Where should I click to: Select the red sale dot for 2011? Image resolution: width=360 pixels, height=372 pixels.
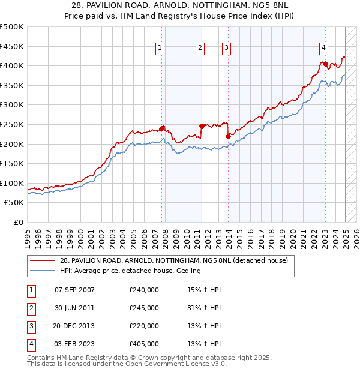click(x=202, y=126)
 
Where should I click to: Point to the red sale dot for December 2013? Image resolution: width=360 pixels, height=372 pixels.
click(x=228, y=136)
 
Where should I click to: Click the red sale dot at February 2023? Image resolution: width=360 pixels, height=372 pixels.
click(x=325, y=64)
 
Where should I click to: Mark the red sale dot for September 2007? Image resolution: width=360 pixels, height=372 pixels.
click(x=162, y=128)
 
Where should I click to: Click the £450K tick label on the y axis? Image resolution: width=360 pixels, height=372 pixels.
click(x=12, y=46)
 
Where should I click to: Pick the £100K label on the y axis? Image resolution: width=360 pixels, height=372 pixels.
click(x=12, y=183)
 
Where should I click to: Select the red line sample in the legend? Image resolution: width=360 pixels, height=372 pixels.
click(x=43, y=260)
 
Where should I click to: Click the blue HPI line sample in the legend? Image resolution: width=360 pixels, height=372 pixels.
click(x=43, y=271)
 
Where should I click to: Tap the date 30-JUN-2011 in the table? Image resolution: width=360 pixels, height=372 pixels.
click(x=74, y=308)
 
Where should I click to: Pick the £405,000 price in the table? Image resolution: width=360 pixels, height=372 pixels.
click(x=144, y=344)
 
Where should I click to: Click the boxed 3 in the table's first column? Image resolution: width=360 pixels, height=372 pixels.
click(x=31, y=326)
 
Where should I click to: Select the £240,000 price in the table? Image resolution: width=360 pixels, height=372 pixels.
click(x=144, y=290)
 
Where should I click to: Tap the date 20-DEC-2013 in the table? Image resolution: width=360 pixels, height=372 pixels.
click(x=74, y=326)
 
